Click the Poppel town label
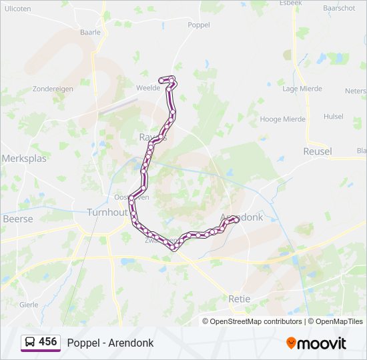(199, 25)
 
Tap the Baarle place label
(89, 31)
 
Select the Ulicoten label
(17, 9)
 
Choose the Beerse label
(17, 219)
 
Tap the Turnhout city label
(107, 213)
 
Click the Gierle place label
(29, 304)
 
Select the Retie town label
(239, 299)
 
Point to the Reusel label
(317, 151)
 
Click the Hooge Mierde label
(282, 119)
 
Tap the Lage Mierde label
(302, 89)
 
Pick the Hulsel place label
(333, 116)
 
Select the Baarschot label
(338, 9)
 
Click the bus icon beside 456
(30, 342)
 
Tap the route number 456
(48, 342)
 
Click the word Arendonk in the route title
(132, 343)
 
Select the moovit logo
(316, 343)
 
